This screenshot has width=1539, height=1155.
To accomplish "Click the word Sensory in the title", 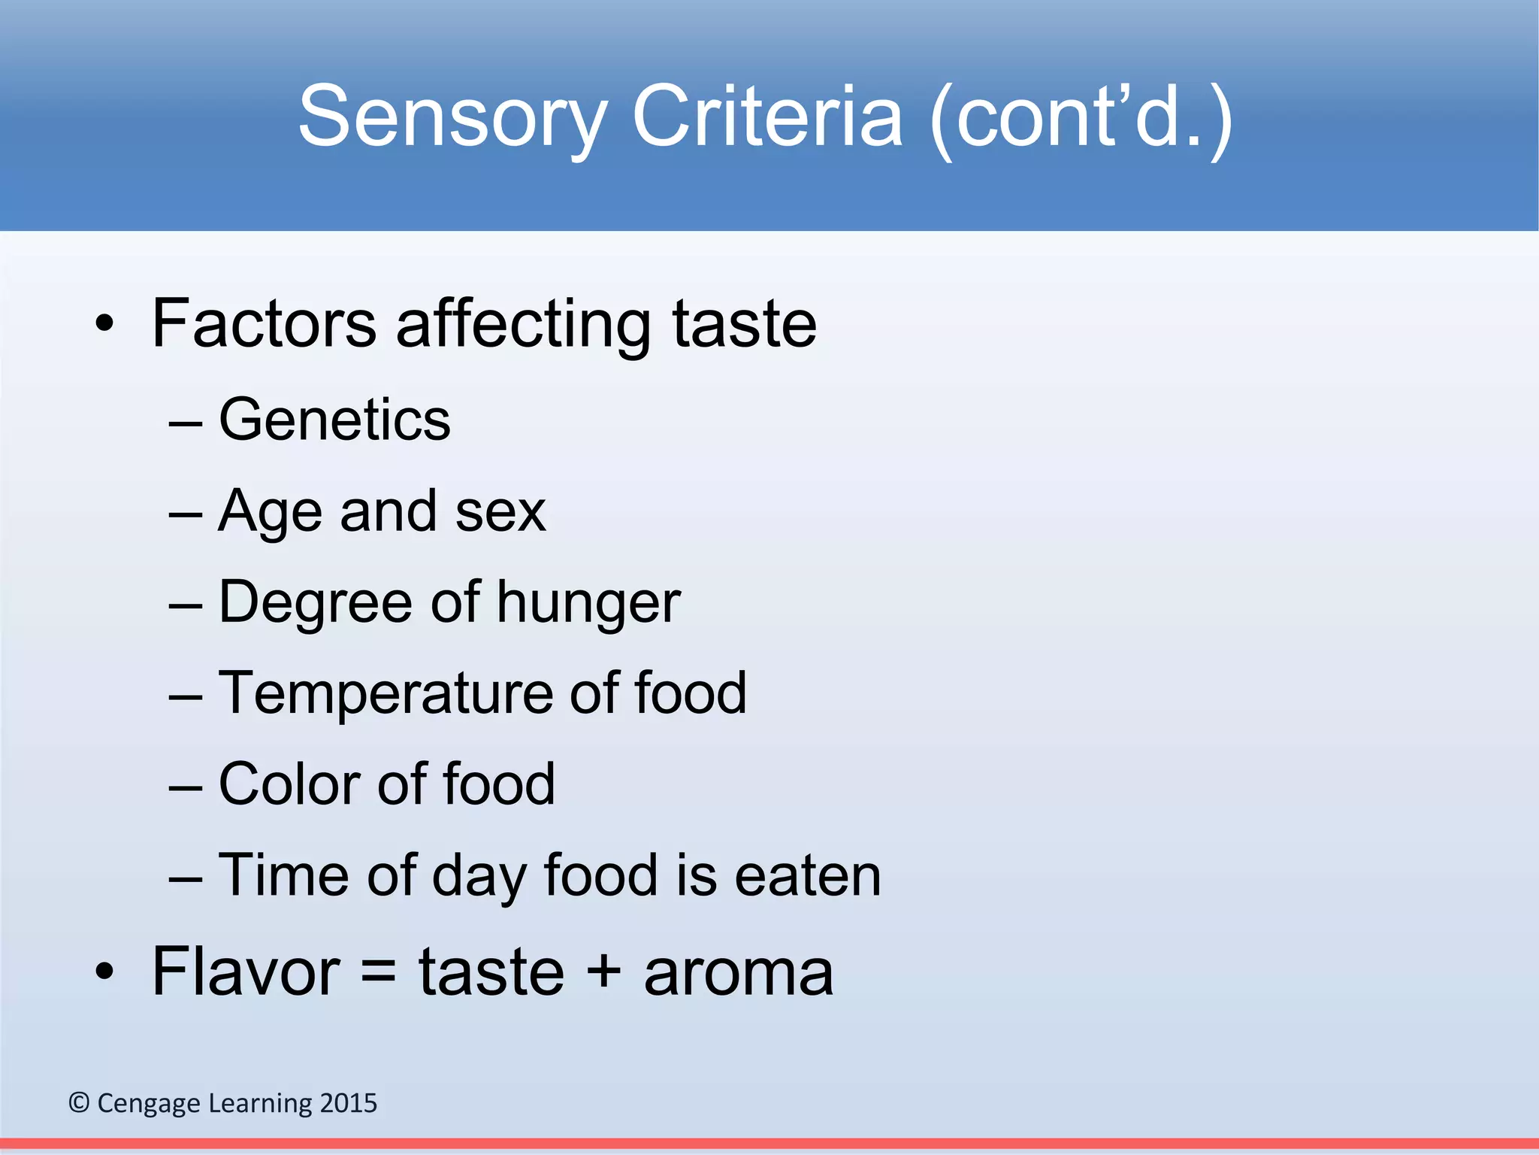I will click(452, 117).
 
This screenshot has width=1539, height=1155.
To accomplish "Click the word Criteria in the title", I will click(767, 117).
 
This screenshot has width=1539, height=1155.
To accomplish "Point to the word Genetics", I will click(334, 420).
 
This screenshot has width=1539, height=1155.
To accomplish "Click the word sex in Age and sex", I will click(500, 511).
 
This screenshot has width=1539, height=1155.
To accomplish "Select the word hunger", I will click(588, 604).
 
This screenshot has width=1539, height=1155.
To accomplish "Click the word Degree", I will click(315, 603).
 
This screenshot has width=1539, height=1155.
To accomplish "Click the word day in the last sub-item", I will click(478, 877).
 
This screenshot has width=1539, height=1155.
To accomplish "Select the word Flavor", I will click(246, 972).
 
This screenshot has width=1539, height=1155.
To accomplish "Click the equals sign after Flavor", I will click(379, 972).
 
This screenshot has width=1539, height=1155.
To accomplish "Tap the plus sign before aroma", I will click(603, 972).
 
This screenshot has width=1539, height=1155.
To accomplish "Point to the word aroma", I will click(739, 973).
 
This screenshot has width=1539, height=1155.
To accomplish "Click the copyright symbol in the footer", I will click(79, 1103).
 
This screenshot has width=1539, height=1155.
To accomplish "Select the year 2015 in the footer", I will click(348, 1103).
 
